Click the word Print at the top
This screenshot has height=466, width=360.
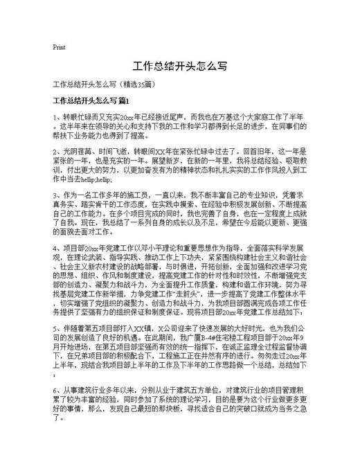pyautogui.click(x=59, y=48)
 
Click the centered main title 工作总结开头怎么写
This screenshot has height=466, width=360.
pyautogui.click(x=179, y=67)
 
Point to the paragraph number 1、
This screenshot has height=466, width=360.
pyautogui.click(x=57, y=118)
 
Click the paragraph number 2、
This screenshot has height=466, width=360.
pyautogui.click(x=57, y=150)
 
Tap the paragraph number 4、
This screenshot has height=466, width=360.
pyautogui.click(x=57, y=247)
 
